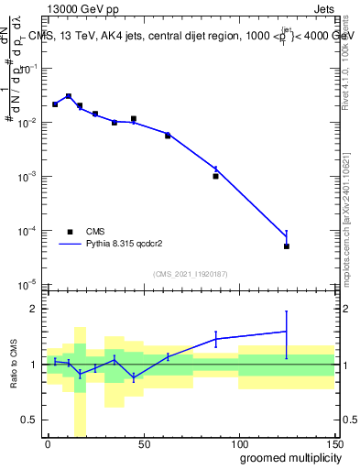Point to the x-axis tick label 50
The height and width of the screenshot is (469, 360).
click(x=143, y=443)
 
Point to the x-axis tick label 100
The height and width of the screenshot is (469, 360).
click(x=238, y=443)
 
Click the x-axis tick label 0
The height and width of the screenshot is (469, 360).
click(x=48, y=443)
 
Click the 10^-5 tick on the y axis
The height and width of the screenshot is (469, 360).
click(x=30, y=284)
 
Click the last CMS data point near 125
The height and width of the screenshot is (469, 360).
click(x=287, y=246)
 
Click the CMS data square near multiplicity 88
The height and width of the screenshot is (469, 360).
click(x=215, y=176)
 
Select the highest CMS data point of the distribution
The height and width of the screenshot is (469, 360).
click(x=69, y=96)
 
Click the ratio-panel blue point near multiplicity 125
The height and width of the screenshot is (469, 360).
click(x=287, y=332)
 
